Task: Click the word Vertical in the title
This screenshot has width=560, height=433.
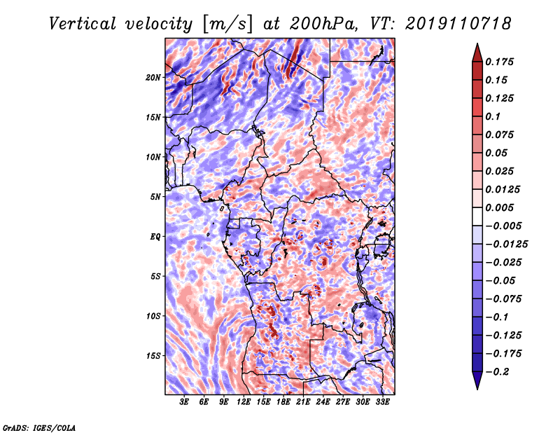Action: pos(83,24)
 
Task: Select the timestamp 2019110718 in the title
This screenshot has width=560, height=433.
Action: pos(458,24)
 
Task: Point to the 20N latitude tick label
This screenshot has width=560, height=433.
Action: pos(153,77)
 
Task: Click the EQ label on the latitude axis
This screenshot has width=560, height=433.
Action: pos(155,236)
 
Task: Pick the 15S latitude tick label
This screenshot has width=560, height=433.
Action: pos(153,356)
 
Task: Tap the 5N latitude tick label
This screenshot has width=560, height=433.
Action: pos(155,197)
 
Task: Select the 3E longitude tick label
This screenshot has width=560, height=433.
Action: pos(184,402)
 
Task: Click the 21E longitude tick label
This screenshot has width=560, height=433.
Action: pos(303,402)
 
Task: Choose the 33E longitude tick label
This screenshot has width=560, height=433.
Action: pos(382,402)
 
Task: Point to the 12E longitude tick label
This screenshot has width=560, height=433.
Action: pos(244,402)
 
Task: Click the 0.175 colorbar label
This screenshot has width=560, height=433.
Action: pos(500,62)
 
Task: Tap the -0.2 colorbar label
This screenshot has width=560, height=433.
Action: pos(497,372)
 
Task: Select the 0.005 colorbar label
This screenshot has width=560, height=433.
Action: pos(500,207)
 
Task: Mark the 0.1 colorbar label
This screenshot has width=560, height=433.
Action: pos(493,116)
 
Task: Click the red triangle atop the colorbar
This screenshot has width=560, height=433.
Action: pos(477,53)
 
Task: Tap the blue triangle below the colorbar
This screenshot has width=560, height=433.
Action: pos(477,380)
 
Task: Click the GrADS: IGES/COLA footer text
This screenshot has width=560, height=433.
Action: pos(39,427)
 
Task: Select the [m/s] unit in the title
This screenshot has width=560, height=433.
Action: pos(227,24)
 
